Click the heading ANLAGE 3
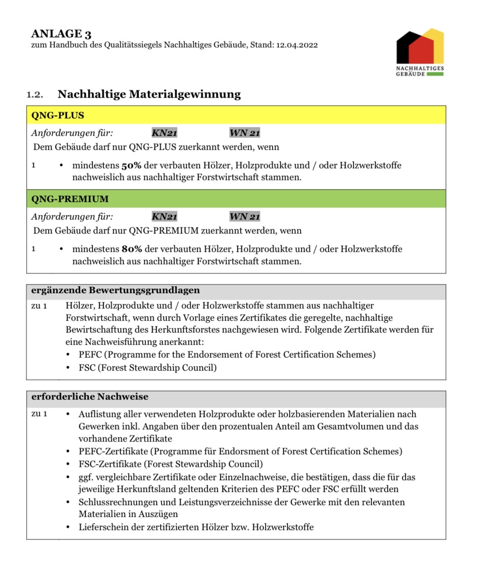tap(61, 34)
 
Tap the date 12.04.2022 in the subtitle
tap(297, 45)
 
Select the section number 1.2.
tap(35, 95)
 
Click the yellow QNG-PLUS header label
tap(57, 116)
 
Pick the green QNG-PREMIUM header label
tap(70, 199)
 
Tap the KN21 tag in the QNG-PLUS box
tap(164, 133)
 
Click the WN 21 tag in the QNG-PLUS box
tap(244, 133)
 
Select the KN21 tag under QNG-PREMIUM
tap(164, 216)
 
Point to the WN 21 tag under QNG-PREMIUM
tap(244, 216)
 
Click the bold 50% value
tap(131, 166)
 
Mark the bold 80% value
tap(132, 249)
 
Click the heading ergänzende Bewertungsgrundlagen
tap(115, 290)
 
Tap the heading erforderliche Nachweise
tap(90, 397)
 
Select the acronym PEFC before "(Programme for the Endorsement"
tap(90, 355)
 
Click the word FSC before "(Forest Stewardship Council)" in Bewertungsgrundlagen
tap(87, 368)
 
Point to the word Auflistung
tap(100, 414)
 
